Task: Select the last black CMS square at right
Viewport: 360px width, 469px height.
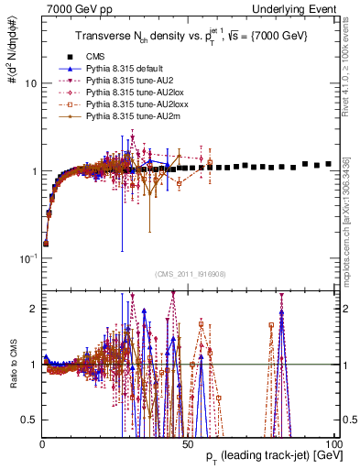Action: (328, 164)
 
